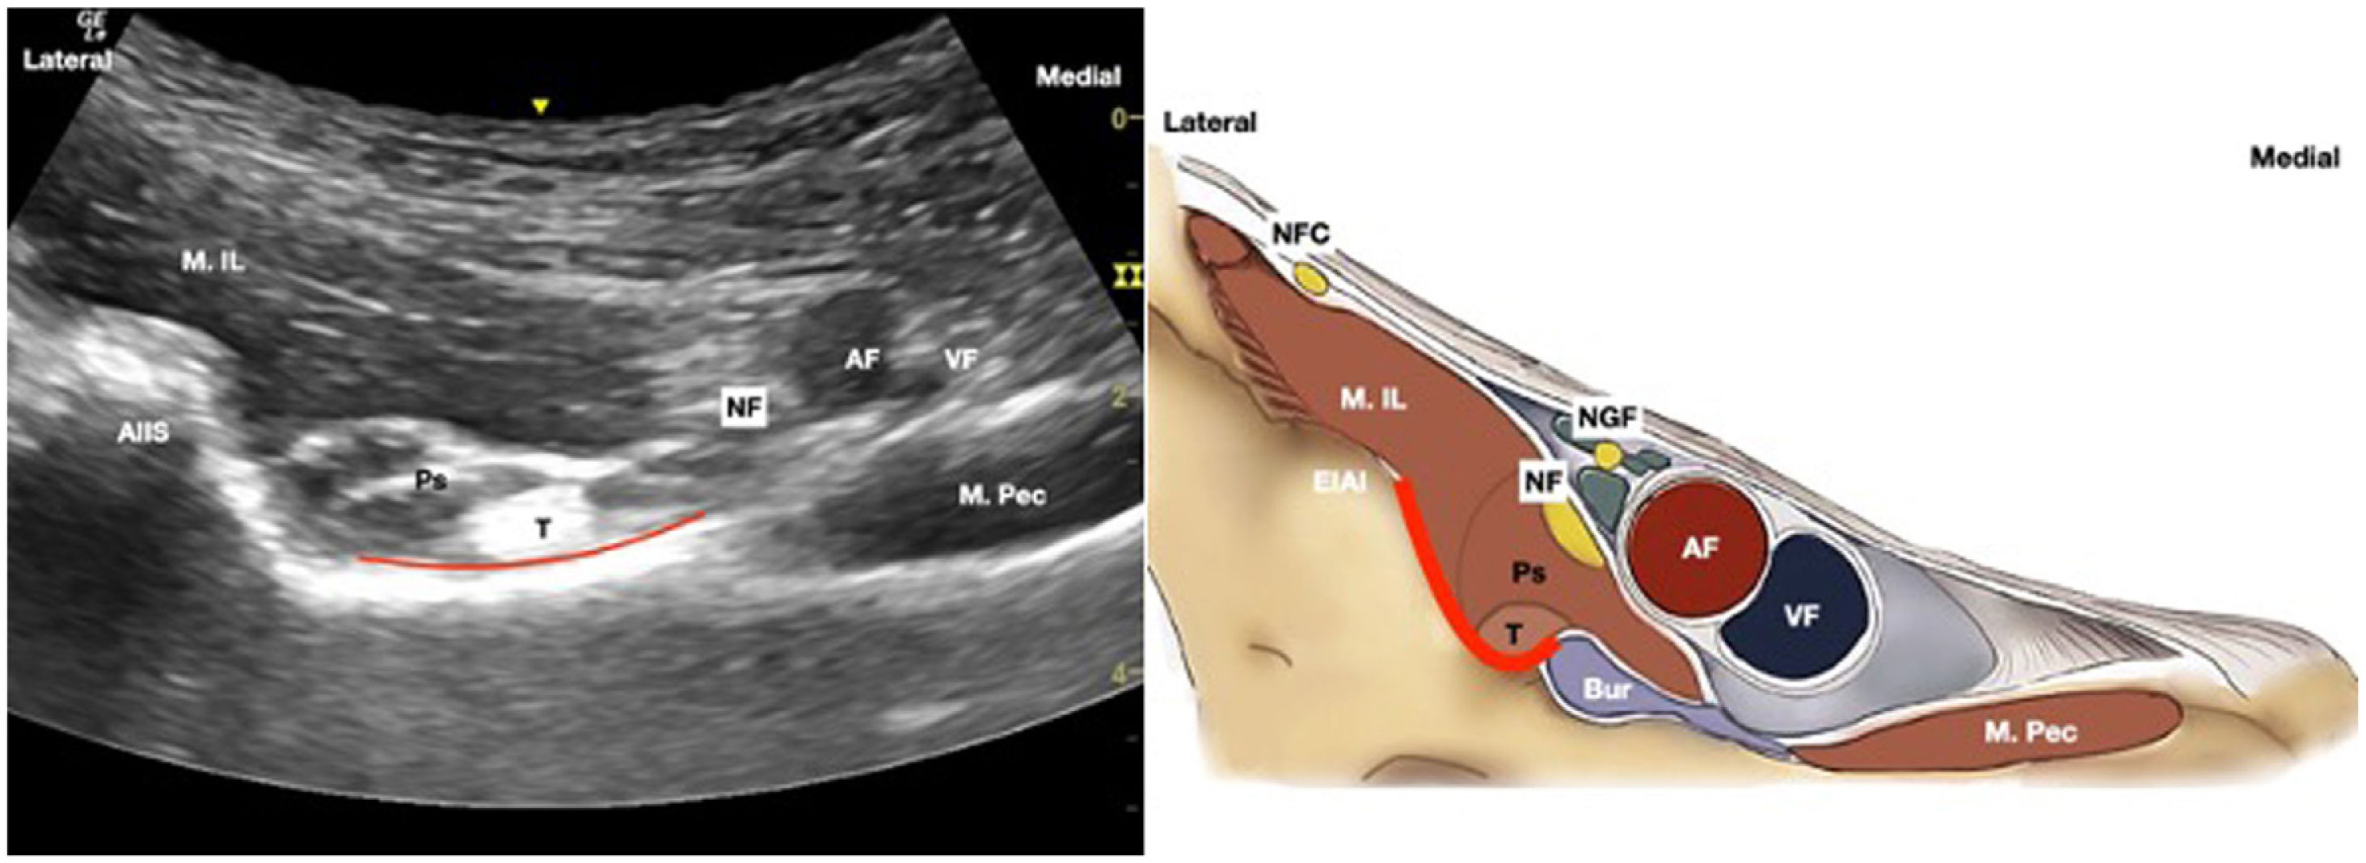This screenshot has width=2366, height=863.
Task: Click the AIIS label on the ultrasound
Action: [143, 432]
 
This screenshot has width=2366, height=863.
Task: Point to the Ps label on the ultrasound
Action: [430, 479]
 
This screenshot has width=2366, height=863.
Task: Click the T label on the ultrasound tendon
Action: [544, 528]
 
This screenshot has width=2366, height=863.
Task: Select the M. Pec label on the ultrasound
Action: [1002, 496]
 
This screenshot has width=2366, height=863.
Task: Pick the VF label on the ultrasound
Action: [961, 360]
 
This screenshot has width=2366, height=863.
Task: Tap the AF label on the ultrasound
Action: [862, 360]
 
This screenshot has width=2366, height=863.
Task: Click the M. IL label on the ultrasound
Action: [212, 262]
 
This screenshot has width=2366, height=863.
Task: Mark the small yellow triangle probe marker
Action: [542, 107]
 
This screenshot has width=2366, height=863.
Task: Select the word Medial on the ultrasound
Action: [1078, 76]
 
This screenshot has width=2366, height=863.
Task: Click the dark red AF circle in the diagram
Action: [1699, 548]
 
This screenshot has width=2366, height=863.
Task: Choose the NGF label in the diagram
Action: [1607, 419]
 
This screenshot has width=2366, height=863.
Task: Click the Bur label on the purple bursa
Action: [1606, 689]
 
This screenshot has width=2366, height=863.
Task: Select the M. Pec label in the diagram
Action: [2030, 732]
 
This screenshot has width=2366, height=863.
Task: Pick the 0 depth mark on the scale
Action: [1120, 119]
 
